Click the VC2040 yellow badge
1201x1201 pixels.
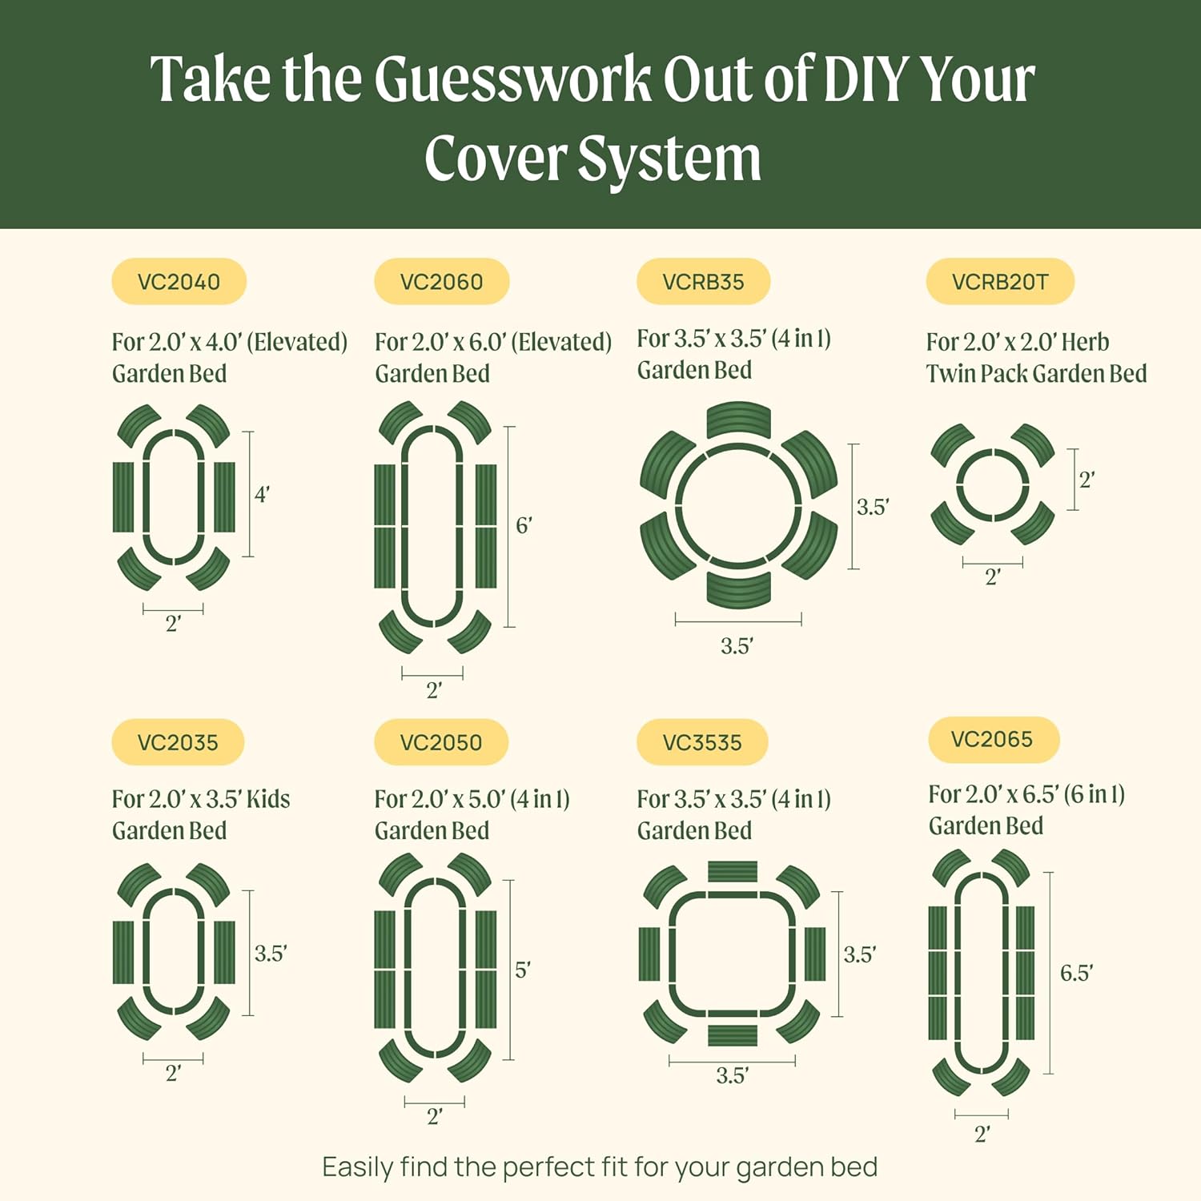click(x=179, y=282)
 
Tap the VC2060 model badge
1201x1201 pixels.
click(x=441, y=282)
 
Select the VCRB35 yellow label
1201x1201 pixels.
click(x=703, y=282)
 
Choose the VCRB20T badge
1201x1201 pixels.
click(x=999, y=282)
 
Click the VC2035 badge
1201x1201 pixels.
click(x=178, y=742)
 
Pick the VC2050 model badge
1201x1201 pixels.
click(x=441, y=742)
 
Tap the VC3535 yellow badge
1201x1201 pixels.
click(x=702, y=742)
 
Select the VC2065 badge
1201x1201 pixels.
click(x=992, y=739)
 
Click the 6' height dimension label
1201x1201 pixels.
click(x=524, y=526)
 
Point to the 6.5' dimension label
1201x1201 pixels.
click(x=1076, y=973)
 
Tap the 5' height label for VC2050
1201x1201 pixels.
click(x=522, y=970)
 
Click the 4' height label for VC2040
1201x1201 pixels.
click(x=262, y=495)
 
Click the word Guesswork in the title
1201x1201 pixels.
click(x=512, y=80)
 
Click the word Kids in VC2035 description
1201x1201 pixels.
click(x=268, y=799)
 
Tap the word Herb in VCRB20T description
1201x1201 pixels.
click(x=1085, y=342)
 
